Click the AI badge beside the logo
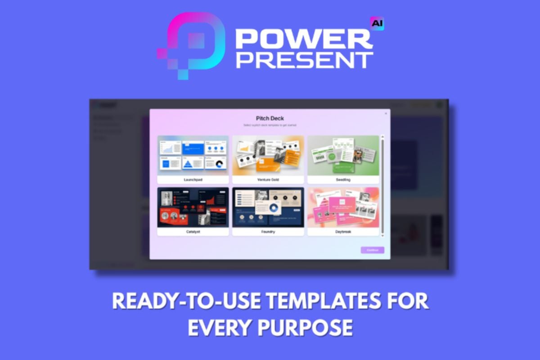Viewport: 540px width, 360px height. pyautogui.click(x=377, y=23)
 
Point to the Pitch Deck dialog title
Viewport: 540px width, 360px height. pyautogui.click(x=270, y=118)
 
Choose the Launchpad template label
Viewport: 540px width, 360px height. pyautogui.click(x=193, y=179)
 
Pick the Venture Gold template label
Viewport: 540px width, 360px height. pyautogui.click(x=268, y=179)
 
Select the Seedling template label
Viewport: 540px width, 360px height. pyautogui.click(x=343, y=179)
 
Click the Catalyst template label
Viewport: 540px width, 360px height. pyautogui.click(x=193, y=232)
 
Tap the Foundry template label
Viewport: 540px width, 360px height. pyautogui.click(x=268, y=232)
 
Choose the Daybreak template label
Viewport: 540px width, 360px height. pyautogui.click(x=343, y=232)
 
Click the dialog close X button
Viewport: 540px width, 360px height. pyautogui.click(x=386, y=113)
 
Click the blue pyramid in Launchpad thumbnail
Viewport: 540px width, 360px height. pyautogui.click(x=188, y=164)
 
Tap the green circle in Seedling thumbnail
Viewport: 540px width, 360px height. pyautogui.click(x=332, y=157)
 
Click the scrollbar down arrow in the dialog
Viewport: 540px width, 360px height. pyautogui.click(x=383, y=235)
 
